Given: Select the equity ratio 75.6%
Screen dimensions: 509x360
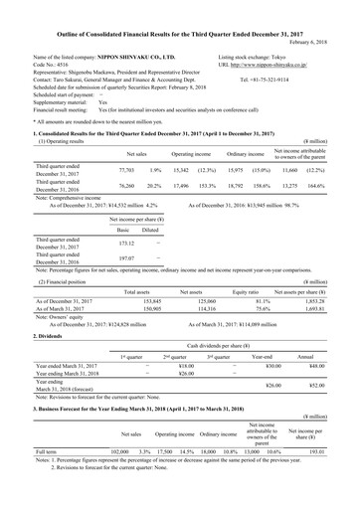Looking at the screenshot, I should [x=267, y=309].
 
